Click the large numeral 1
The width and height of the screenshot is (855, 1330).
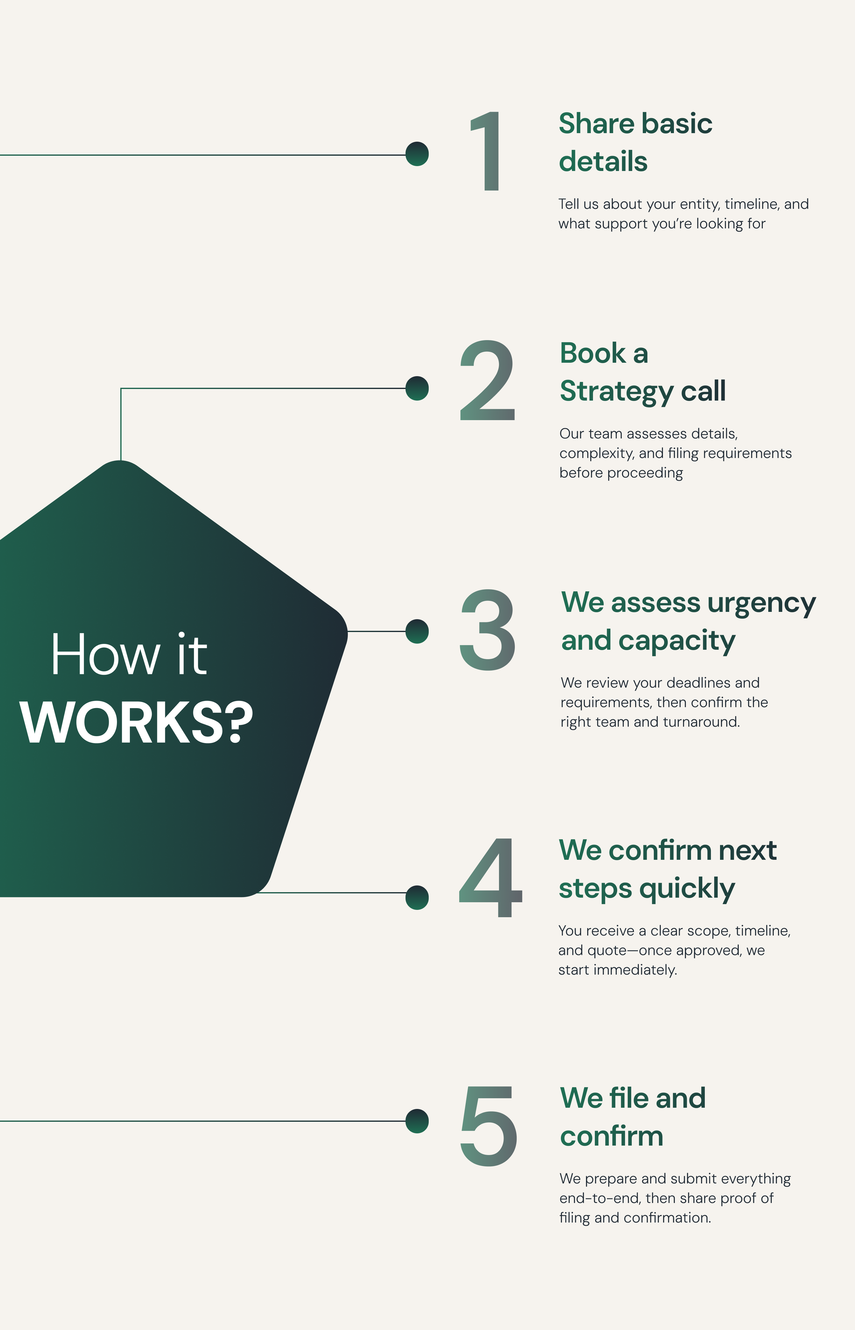click(x=489, y=151)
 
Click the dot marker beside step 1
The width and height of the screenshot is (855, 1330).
click(x=417, y=154)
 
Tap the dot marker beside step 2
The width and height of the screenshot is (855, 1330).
click(x=417, y=388)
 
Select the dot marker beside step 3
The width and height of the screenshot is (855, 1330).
click(x=417, y=631)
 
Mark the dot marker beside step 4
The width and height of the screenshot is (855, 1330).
click(x=417, y=898)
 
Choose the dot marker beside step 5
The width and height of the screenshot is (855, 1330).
click(x=417, y=1121)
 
